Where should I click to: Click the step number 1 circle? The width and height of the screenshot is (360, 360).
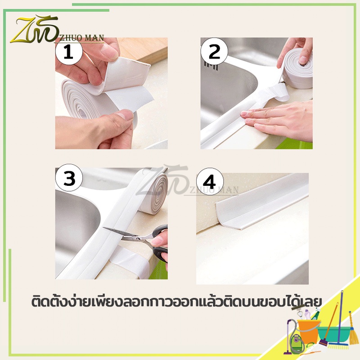coord(69,52)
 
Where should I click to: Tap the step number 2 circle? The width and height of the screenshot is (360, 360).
coord(214,51)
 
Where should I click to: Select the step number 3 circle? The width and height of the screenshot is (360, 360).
coord(69,178)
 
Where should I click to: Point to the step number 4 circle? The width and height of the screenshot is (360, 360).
coord(210,181)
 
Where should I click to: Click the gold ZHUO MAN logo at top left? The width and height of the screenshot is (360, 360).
coord(57,30)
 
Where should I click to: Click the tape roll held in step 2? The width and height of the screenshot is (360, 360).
coord(297,69)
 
